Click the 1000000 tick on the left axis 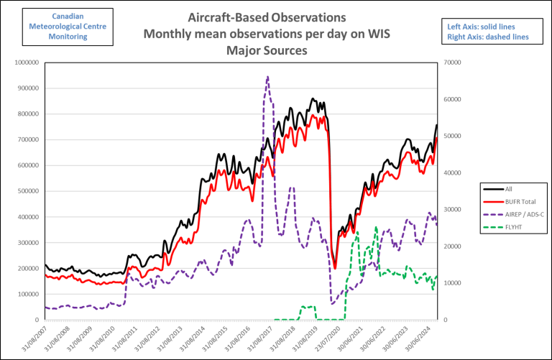tap(26, 63)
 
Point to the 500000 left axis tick tap(27, 191)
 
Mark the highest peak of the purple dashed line tap(267, 77)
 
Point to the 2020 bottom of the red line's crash tap(335, 268)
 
